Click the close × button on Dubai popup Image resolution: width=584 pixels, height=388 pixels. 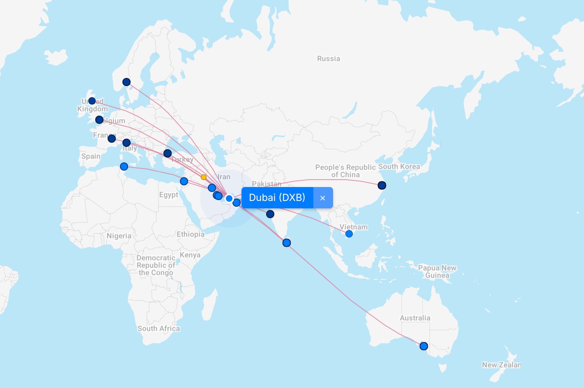[x=323, y=198]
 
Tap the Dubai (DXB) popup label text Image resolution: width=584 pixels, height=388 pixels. [x=277, y=198]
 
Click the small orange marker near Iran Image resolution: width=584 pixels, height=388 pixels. [x=204, y=177]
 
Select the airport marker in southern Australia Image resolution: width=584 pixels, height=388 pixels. [x=424, y=346]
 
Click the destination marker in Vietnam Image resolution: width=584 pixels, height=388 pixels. [x=349, y=234]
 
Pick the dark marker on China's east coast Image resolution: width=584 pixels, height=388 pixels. [x=382, y=185]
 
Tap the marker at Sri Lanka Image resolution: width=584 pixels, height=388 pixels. [x=287, y=243]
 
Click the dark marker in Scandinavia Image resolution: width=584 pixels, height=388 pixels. [x=126, y=82]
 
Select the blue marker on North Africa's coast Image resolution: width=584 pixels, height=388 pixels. [x=124, y=167]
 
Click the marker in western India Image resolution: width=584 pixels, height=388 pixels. [x=270, y=214]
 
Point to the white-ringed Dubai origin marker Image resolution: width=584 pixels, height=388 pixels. [x=229, y=199]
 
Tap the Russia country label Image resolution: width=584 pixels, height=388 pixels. [x=329, y=59]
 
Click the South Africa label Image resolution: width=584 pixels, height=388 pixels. [x=159, y=329]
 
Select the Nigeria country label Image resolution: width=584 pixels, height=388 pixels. [x=119, y=236]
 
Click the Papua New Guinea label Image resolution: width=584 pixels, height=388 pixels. [x=437, y=272]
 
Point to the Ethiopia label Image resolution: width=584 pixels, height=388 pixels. [x=191, y=234]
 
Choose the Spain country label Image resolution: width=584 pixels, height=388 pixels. [x=91, y=156]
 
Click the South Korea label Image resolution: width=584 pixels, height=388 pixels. [x=399, y=167]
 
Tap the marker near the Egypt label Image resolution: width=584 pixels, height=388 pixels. [x=184, y=181]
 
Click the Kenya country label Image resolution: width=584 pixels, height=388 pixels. [x=190, y=255]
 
